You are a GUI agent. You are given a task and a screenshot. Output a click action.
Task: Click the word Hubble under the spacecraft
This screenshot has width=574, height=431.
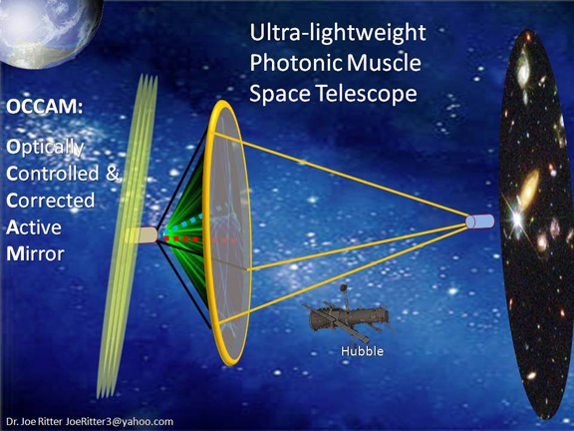pos(361,352)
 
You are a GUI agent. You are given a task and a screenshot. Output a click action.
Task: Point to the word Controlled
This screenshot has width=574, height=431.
pos(54,174)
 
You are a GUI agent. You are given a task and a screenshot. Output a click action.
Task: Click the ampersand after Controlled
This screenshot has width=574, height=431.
pos(112,174)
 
